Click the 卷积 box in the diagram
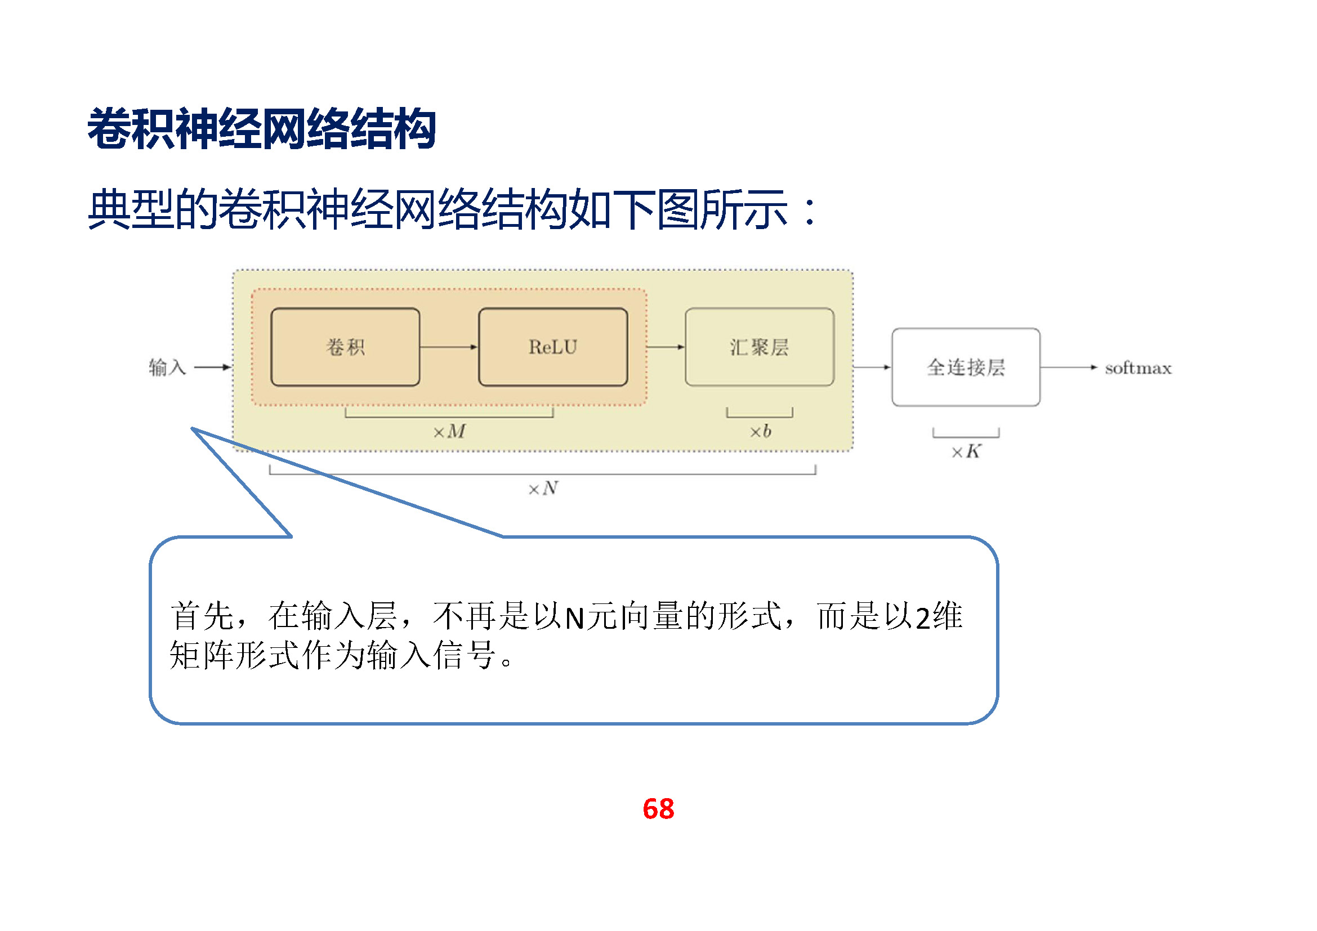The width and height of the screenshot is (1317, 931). [345, 347]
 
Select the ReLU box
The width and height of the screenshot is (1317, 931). [552, 347]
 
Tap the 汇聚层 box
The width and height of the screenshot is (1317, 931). [759, 347]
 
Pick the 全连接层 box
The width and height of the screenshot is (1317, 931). [966, 367]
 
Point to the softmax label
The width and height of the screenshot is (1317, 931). [1137, 368]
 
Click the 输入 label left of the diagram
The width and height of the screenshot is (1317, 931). [167, 367]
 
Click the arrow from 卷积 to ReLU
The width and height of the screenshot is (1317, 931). [449, 347]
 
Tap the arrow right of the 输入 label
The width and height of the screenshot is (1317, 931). [212, 367]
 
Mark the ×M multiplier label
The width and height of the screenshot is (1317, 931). [449, 431]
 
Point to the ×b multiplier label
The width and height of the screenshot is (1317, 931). [760, 431]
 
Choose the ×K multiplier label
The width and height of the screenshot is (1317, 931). [966, 452]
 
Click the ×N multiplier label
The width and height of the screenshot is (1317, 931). [543, 489]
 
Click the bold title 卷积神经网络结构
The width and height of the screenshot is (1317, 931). [262, 129]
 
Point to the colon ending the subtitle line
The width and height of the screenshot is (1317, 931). [810, 211]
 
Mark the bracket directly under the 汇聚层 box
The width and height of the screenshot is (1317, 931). [760, 415]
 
